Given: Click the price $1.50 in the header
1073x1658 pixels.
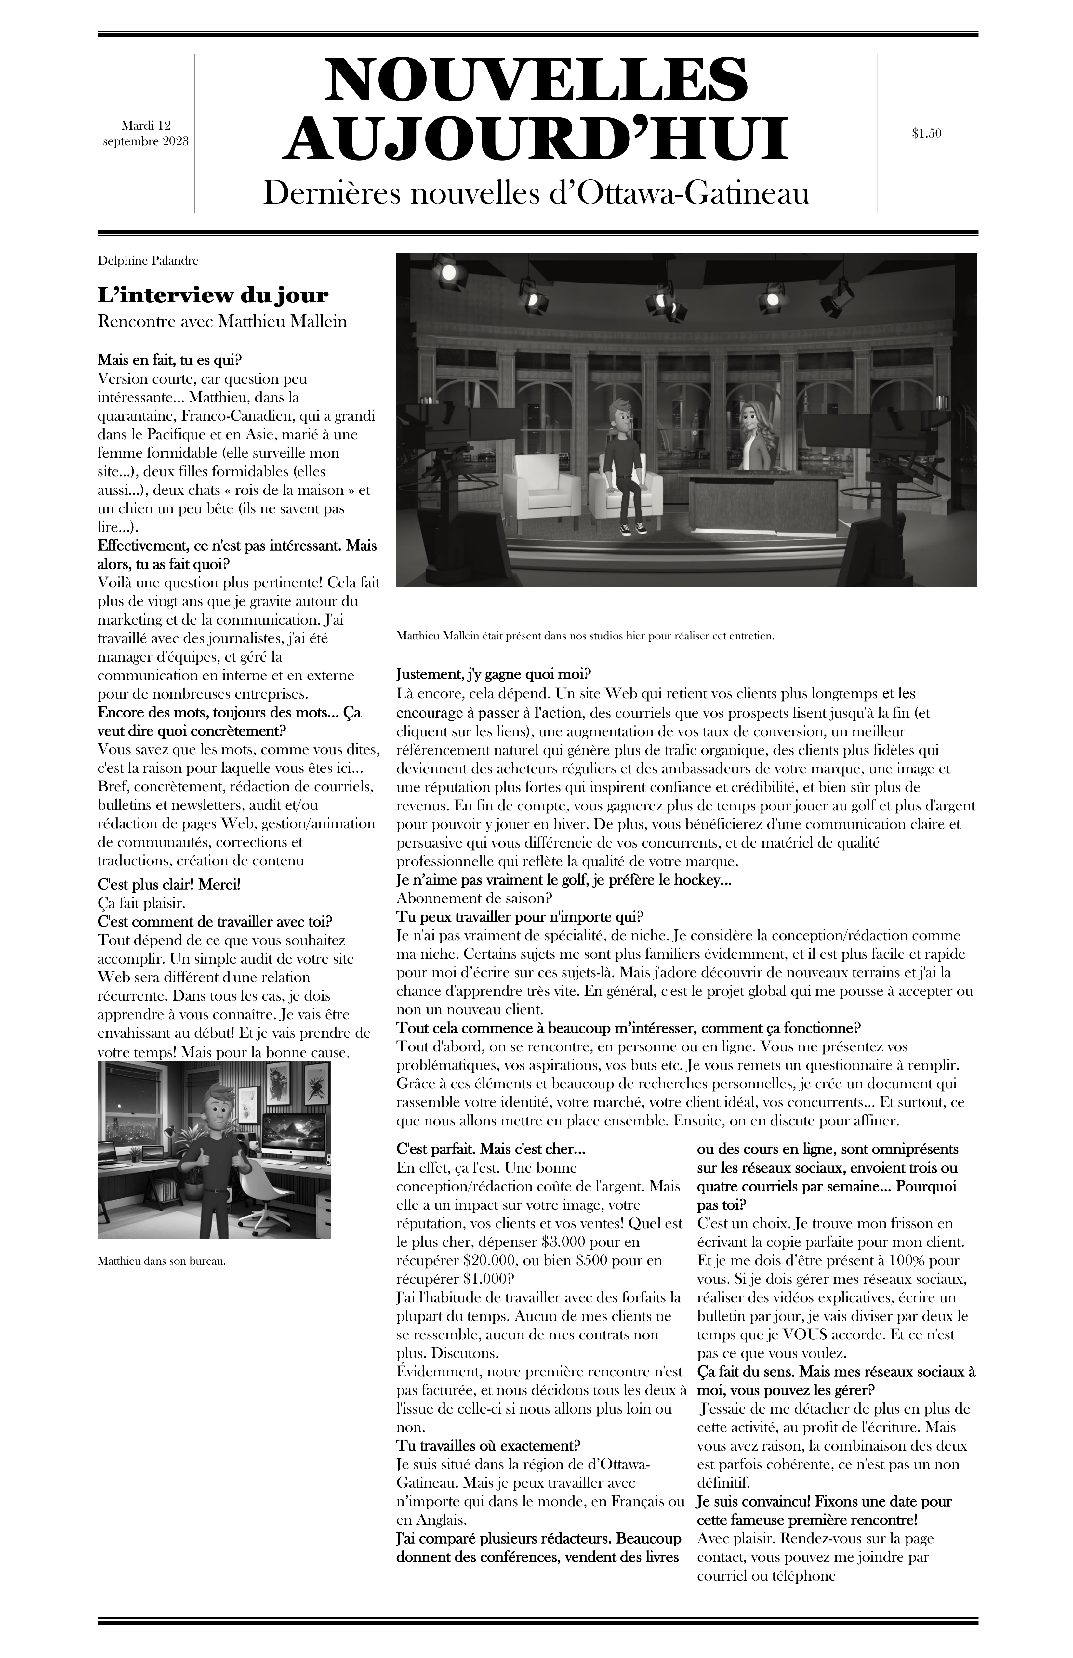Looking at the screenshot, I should click(x=926, y=133).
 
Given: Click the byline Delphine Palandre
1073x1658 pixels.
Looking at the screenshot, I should click(x=148, y=261).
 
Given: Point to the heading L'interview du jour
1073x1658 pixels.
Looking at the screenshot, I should click(x=213, y=296).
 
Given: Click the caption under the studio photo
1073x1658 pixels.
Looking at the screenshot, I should click(x=585, y=636).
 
